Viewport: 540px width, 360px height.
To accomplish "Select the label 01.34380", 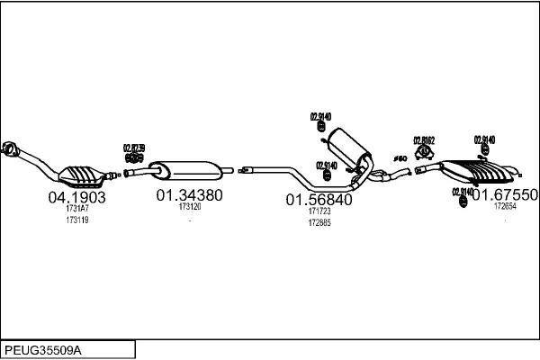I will coord(189,193).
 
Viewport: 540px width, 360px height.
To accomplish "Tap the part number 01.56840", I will coord(319,200).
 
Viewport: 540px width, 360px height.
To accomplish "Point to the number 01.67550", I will coord(505,194).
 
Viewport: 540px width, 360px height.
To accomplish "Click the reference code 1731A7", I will coord(77,208).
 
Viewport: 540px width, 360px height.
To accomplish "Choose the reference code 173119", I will coord(77,220).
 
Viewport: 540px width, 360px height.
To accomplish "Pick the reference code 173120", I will coord(190,206).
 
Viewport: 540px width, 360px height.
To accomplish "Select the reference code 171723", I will coord(319,211).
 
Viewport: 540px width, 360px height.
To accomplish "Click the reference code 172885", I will coord(319,223).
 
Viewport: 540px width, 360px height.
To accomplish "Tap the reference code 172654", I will coord(505,206).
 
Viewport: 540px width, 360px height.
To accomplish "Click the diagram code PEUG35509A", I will coord(43,348).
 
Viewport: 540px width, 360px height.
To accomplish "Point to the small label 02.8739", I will coord(133,148).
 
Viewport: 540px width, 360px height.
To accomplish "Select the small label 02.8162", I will coord(424,139).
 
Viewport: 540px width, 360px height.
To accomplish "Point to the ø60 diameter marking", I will coord(401,158).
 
